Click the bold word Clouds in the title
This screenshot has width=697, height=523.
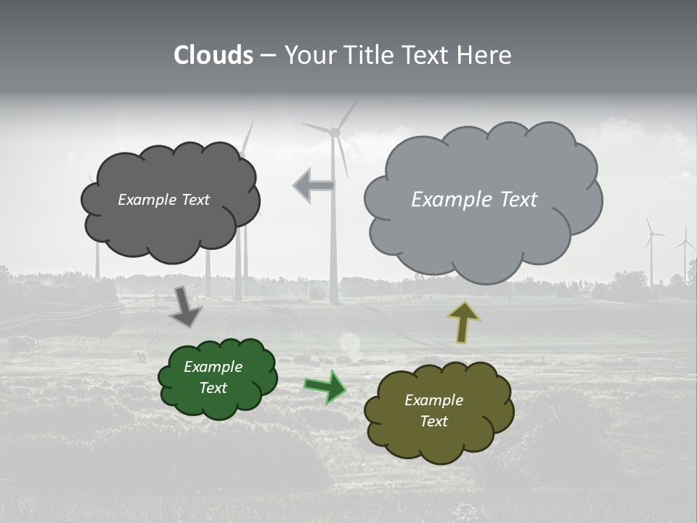point(213,55)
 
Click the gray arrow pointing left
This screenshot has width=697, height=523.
point(314,185)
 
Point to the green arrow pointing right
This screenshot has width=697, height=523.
point(326,386)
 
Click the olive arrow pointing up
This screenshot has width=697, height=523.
point(464,322)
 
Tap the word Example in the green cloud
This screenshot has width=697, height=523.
point(213,367)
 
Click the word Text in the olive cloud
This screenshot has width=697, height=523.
point(433,421)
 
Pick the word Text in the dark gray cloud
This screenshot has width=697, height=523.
point(194,200)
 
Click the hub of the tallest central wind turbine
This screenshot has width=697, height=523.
point(335,131)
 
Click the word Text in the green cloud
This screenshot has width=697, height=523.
point(213,388)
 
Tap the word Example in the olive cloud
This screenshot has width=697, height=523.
point(433,400)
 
